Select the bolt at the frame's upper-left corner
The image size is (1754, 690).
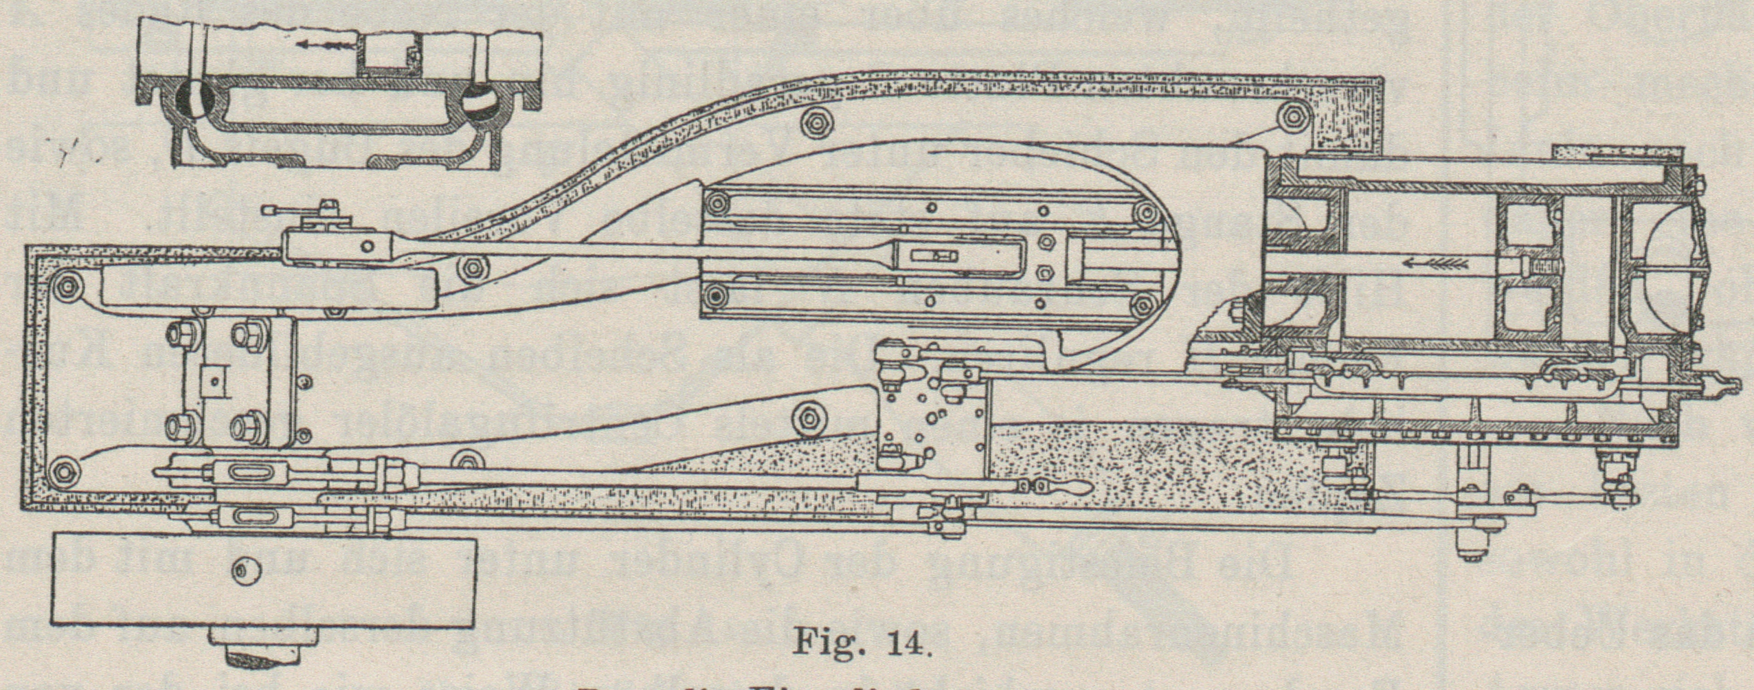click(x=67, y=282)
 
